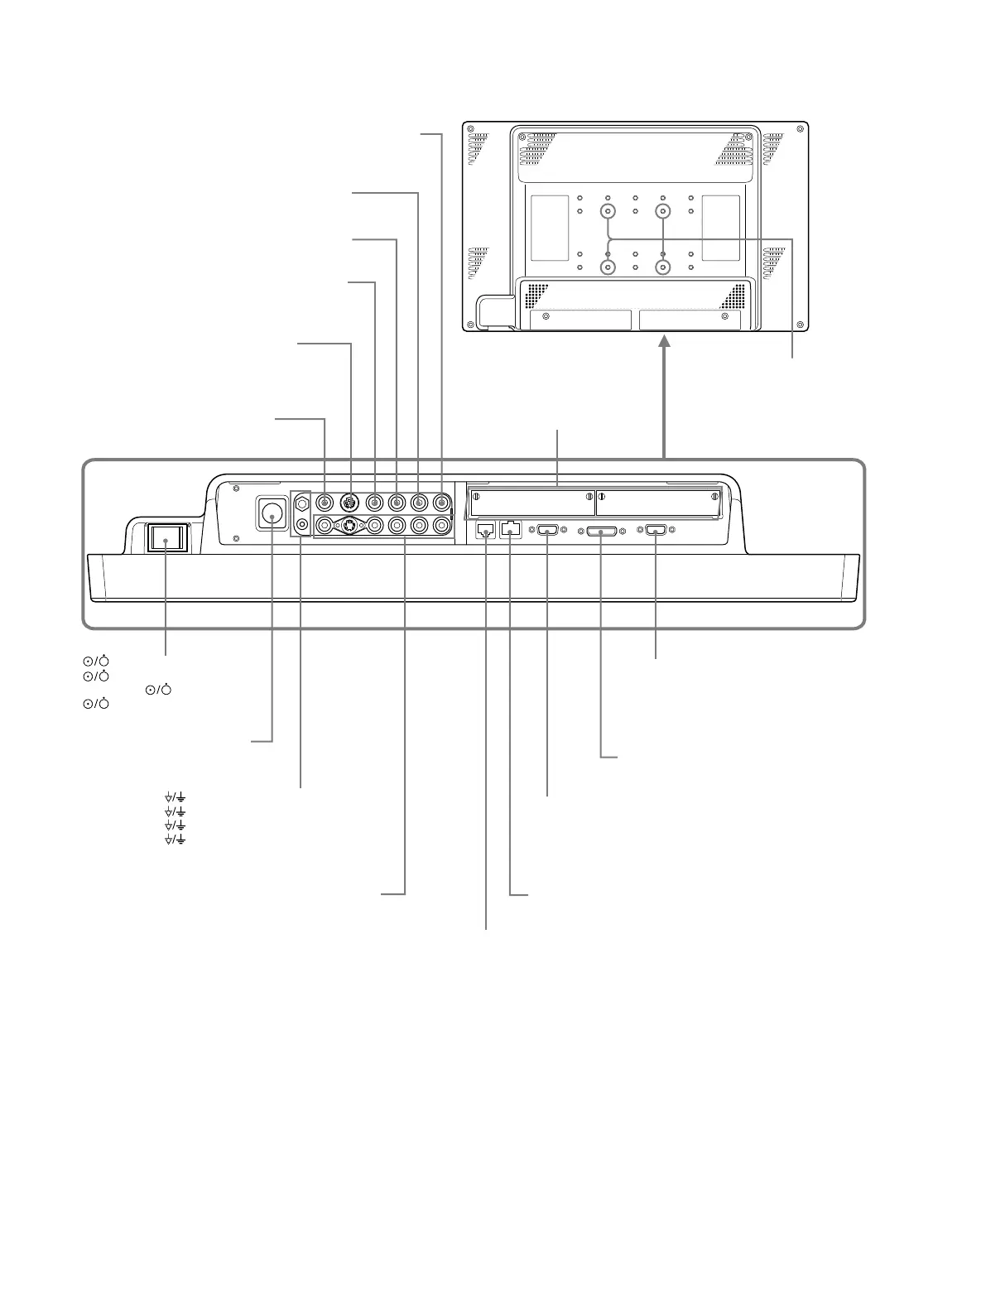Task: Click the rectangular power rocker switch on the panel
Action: click(166, 538)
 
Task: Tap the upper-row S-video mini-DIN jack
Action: click(349, 502)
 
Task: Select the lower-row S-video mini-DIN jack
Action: click(351, 525)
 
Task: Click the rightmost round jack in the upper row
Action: click(441, 502)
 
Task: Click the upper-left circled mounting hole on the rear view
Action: click(608, 211)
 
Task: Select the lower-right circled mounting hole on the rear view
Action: click(663, 267)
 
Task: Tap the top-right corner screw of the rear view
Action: click(799, 129)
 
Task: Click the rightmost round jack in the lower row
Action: click(441, 525)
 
